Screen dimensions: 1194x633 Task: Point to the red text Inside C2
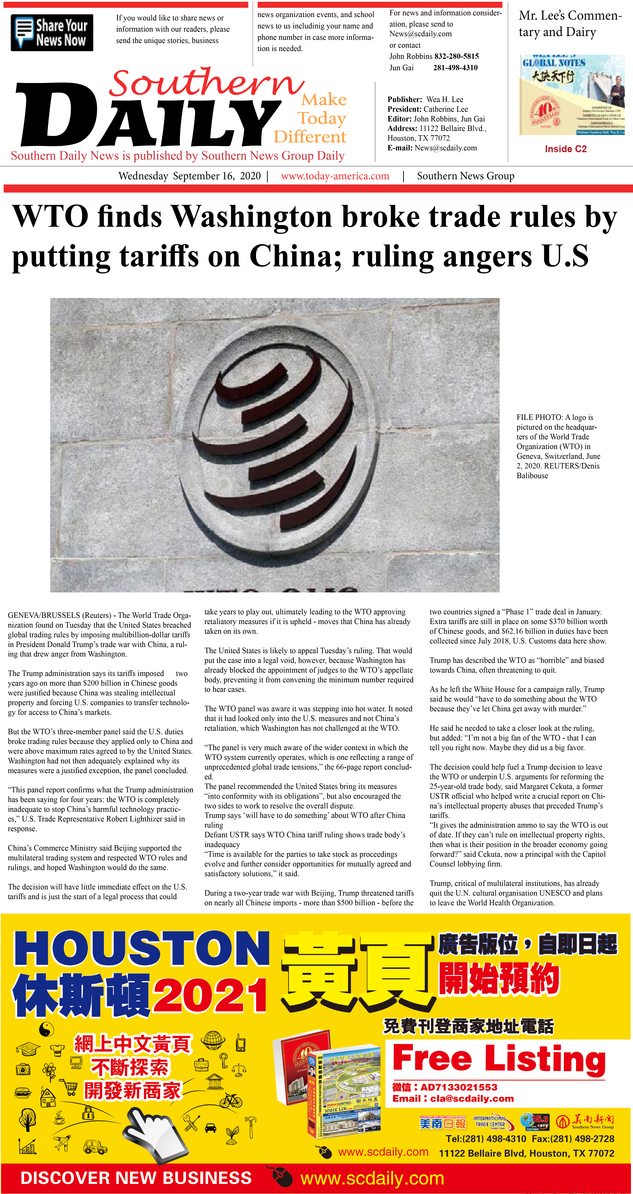coord(565,149)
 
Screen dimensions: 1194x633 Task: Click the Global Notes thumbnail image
coord(571,95)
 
